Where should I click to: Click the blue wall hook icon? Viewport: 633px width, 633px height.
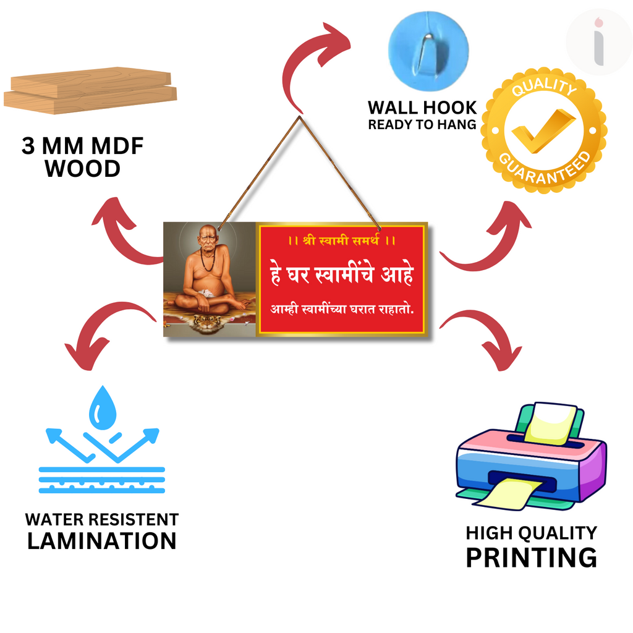coord(428,49)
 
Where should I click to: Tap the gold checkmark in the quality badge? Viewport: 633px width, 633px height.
coord(542,130)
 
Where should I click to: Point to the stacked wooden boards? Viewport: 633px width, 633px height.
coord(90,90)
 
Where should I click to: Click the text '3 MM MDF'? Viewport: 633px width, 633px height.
coord(83,147)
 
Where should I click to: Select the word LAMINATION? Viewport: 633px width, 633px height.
coord(102,541)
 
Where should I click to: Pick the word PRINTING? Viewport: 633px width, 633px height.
coord(531,557)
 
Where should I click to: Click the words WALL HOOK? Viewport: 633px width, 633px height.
coord(423,108)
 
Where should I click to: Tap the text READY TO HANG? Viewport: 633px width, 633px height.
coord(422,125)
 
